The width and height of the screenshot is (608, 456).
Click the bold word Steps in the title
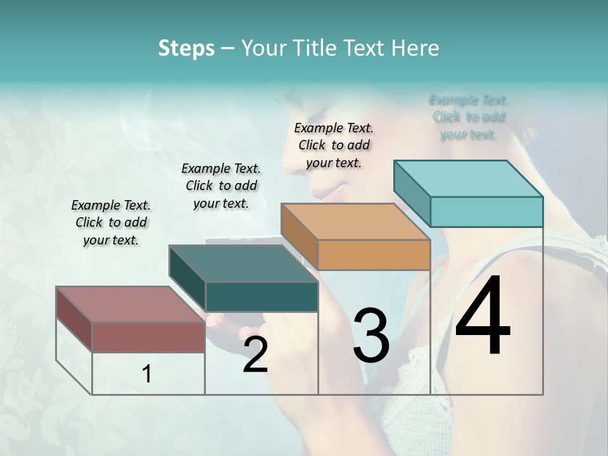[186, 48]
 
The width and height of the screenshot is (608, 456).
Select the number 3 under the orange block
[370, 336]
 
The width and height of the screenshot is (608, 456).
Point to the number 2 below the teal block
[255, 355]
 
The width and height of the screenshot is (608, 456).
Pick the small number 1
[147, 374]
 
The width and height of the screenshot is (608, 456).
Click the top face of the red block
[130, 304]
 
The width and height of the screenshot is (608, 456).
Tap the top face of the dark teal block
[243, 263]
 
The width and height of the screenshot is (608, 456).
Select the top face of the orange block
[355, 222]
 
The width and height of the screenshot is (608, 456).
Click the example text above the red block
[111, 222]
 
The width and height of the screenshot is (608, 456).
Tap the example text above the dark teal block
[221, 186]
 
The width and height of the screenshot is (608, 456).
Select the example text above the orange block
[334, 145]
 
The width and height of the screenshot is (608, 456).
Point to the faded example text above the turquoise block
[469, 117]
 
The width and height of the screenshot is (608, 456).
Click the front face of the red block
[148, 337]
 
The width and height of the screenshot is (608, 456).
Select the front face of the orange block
[374, 255]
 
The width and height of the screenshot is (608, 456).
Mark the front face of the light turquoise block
[486, 212]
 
